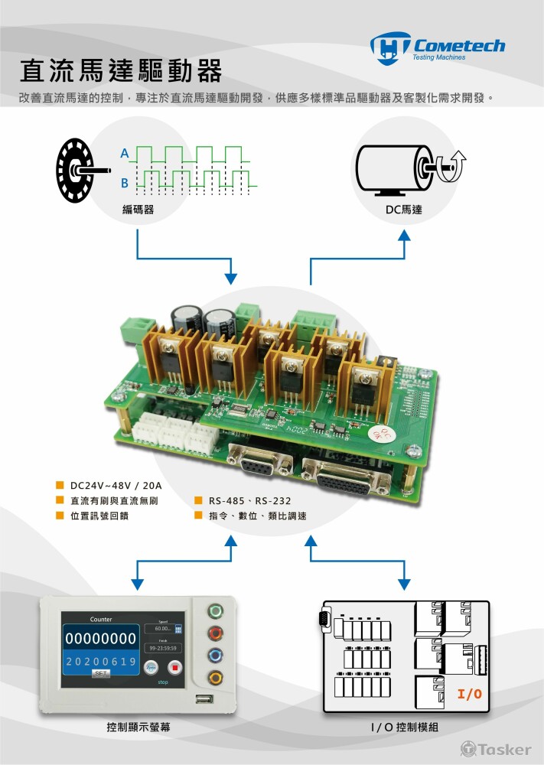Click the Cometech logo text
point(458,45)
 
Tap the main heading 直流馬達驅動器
point(120,71)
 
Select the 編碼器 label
point(138,209)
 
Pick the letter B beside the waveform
point(124,184)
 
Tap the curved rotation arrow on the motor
point(457,161)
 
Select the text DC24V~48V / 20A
point(116,486)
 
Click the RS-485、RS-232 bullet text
point(249,501)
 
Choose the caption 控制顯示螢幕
point(138,728)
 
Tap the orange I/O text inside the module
point(469,695)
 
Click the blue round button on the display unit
point(217,655)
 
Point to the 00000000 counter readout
point(100,638)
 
